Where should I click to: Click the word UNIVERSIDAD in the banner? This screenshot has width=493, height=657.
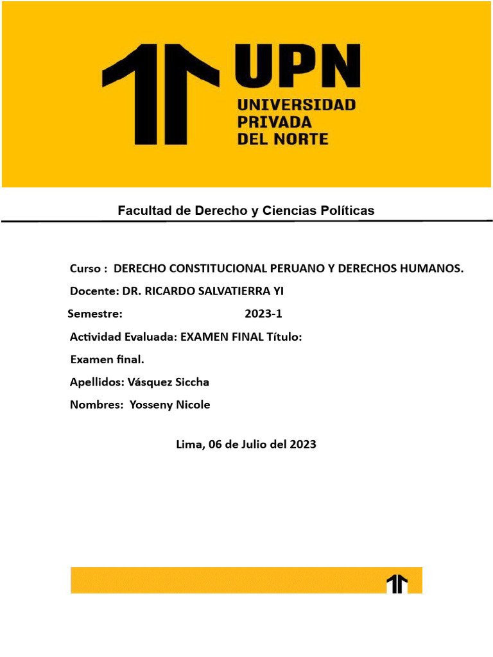[296, 104]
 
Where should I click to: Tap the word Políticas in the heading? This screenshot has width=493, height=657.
[347, 210]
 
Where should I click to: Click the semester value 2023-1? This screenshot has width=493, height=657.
[263, 314]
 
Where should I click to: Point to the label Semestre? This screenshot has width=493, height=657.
[95, 314]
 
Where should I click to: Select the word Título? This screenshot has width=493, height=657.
[283, 337]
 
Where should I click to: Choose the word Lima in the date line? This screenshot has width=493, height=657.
[190, 444]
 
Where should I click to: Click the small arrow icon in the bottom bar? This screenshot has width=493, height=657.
[397, 583]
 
